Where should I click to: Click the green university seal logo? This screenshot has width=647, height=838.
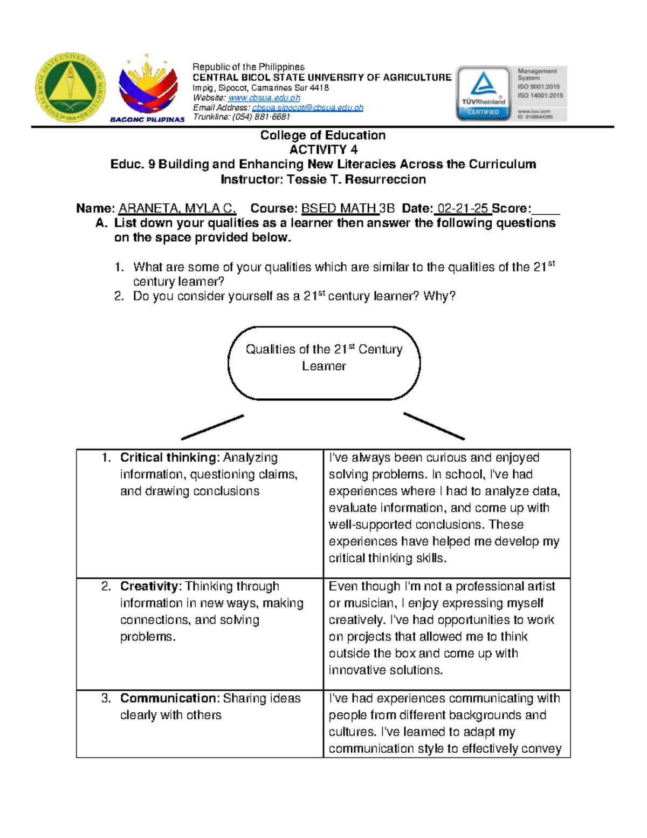[71, 88]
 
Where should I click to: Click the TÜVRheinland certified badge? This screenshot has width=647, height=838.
[483, 93]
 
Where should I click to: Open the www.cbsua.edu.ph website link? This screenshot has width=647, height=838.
[264, 98]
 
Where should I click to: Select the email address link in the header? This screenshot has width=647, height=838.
[307, 107]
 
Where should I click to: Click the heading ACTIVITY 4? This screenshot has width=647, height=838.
[323, 149]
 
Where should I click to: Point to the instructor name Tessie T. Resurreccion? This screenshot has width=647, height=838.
[356, 179]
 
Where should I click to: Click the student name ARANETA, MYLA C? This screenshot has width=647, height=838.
[177, 208]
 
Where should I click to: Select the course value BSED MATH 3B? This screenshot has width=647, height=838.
[348, 208]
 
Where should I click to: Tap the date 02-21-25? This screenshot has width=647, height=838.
[463, 208]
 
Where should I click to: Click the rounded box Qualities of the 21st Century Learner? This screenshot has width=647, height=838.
[323, 363]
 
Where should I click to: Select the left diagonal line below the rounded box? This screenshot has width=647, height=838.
[212, 427]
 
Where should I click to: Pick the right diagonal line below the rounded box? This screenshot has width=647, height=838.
[434, 426]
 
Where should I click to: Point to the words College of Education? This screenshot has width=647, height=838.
[323, 135]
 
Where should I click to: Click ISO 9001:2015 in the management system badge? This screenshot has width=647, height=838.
[539, 86]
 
